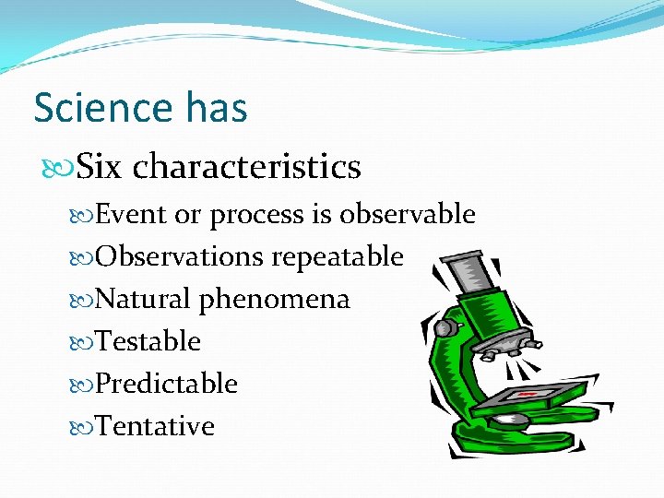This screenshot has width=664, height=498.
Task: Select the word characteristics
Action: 246,167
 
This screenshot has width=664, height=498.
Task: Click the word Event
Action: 132,214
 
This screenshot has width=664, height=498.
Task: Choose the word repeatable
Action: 337,257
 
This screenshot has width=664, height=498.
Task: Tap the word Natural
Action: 143,299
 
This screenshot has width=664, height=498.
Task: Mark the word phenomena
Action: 275,300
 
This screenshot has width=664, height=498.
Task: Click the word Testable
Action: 148,341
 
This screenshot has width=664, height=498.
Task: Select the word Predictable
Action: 166,384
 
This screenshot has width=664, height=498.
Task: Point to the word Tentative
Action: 154,426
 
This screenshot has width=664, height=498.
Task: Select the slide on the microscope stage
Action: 529,395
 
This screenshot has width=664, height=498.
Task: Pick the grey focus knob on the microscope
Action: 446,327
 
